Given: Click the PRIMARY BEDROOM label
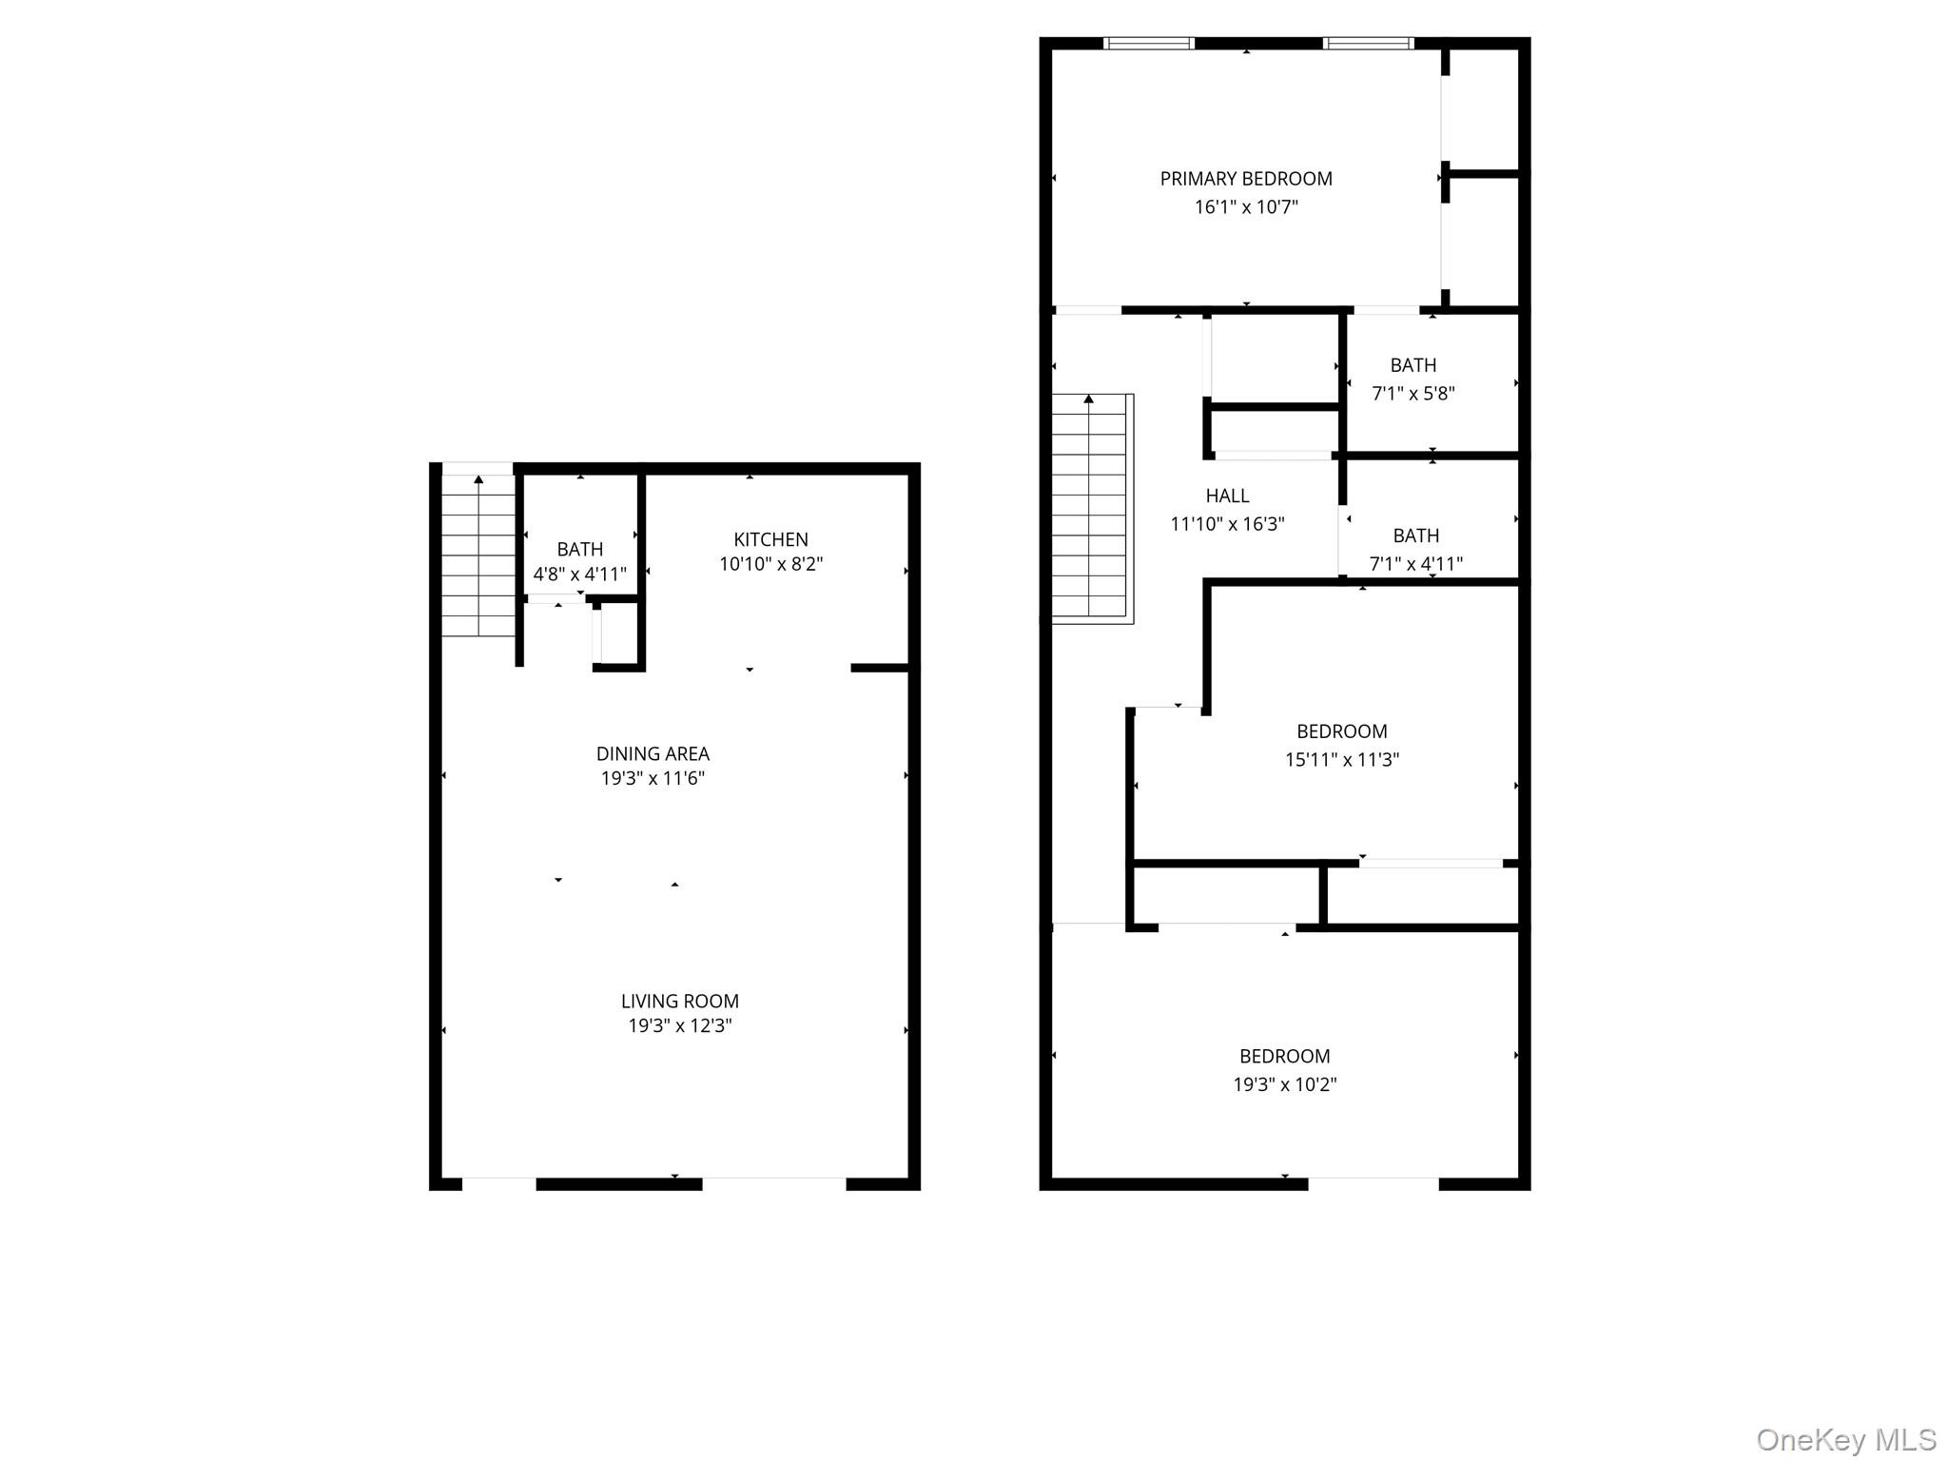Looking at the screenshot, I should pos(1245,179).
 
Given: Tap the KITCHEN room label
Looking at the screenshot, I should pos(770,539).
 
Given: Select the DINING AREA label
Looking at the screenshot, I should pos(653,753).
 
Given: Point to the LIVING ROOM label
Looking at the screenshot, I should pos(679,1001).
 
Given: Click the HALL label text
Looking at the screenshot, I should pos(1227,496).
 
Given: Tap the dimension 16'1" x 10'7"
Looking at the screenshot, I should pos(1246,206).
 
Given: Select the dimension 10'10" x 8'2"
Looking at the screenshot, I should pos(770,564).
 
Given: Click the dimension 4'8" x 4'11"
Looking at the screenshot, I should pos(579,575).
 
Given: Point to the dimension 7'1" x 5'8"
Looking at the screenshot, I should pos(1412,393).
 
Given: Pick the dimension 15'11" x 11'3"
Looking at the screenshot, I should pos(1341,759).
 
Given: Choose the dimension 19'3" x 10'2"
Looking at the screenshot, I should pos(1284,1084).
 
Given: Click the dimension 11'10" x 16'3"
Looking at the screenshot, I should pos(1227,524).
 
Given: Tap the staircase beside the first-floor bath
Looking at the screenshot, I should pos(478,555).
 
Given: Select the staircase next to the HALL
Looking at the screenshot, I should pos(1091,508).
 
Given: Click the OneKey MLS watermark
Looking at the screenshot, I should pos(1845,1439).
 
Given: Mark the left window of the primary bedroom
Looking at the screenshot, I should pos(1148,43).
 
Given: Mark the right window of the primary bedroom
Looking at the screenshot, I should pos(1368,43).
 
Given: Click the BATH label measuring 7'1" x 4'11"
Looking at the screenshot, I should pos(1415,536).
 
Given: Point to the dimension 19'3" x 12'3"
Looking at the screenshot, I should pos(679,1025).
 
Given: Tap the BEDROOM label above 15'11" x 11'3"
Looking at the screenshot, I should pos(1341,731).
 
